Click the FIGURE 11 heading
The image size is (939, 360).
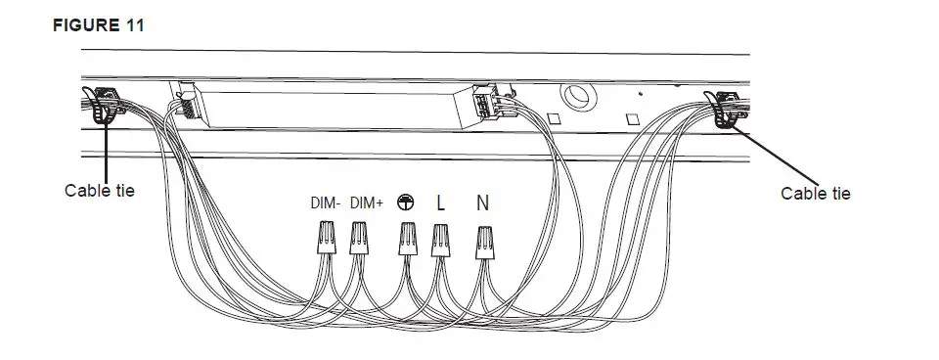(x=97, y=25)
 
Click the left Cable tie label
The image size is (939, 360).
(x=99, y=190)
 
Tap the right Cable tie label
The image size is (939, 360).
(x=815, y=193)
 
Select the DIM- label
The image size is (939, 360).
(x=326, y=203)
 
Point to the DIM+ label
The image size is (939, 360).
(x=366, y=203)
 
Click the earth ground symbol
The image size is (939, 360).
(x=405, y=202)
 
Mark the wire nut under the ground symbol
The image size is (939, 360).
(x=407, y=240)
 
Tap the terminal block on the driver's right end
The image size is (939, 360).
(x=485, y=101)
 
